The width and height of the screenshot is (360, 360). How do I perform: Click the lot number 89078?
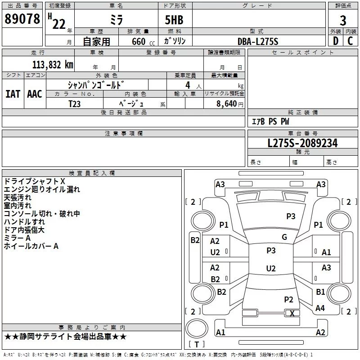(x=22, y=19)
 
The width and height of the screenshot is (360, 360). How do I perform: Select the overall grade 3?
(x=343, y=21)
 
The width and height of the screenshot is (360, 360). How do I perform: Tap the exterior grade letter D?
(x=336, y=41)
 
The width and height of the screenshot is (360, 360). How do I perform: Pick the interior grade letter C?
(x=350, y=41)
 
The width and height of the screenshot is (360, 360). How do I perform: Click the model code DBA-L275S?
(x=258, y=41)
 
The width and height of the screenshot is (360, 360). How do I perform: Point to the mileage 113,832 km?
(x=53, y=65)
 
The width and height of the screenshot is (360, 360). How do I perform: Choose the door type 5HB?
(x=174, y=20)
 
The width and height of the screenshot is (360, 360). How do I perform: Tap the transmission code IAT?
(x=13, y=94)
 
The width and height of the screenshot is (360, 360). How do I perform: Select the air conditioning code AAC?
(x=35, y=94)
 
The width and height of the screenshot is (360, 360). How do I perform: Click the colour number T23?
(x=75, y=104)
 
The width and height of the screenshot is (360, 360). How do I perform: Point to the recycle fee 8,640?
(x=227, y=103)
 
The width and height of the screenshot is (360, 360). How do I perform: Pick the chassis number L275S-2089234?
(x=302, y=143)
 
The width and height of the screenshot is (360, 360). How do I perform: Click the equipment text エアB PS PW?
(x=270, y=121)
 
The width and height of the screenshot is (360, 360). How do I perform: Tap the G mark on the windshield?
(x=284, y=237)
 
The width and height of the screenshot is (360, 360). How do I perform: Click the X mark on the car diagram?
(x=292, y=313)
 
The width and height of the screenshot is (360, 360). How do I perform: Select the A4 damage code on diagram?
(x=320, y=308)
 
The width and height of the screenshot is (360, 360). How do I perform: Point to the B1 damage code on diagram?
(x=320, y=292)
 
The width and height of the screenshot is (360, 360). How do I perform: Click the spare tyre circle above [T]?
(x=197, y=328)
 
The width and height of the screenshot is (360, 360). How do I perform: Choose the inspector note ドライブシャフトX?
(x=35, y=181)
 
